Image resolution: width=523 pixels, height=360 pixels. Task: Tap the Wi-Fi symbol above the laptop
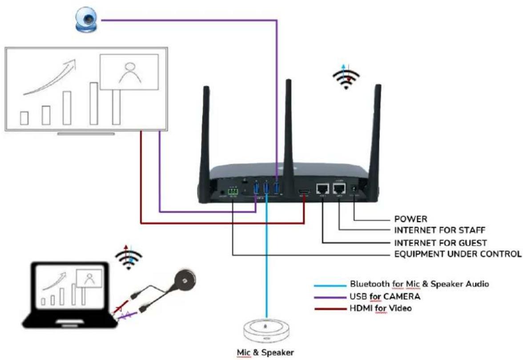(x=129, y=258)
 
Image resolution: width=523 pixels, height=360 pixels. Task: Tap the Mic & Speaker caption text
(x=266, y=352)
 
